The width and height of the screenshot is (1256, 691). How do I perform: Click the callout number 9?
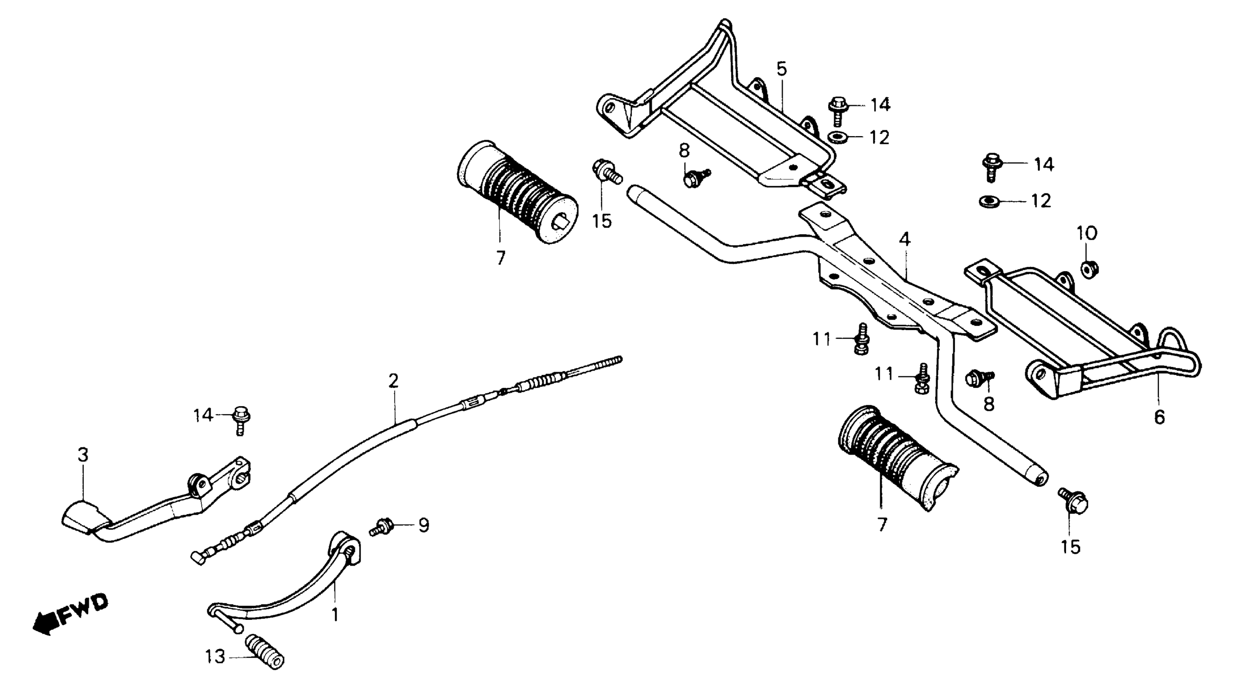tap(424, 525)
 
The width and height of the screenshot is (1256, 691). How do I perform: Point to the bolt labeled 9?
tap(383, 527)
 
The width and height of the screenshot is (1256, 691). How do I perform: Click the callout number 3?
tap(83, 455)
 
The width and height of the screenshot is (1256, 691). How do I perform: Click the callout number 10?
tap(1087, 233)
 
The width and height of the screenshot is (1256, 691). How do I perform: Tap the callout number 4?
tap(905, 239)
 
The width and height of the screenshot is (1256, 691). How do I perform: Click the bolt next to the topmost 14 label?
tap(837, 110)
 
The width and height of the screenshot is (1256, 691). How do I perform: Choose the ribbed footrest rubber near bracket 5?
tap(518, 191)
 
